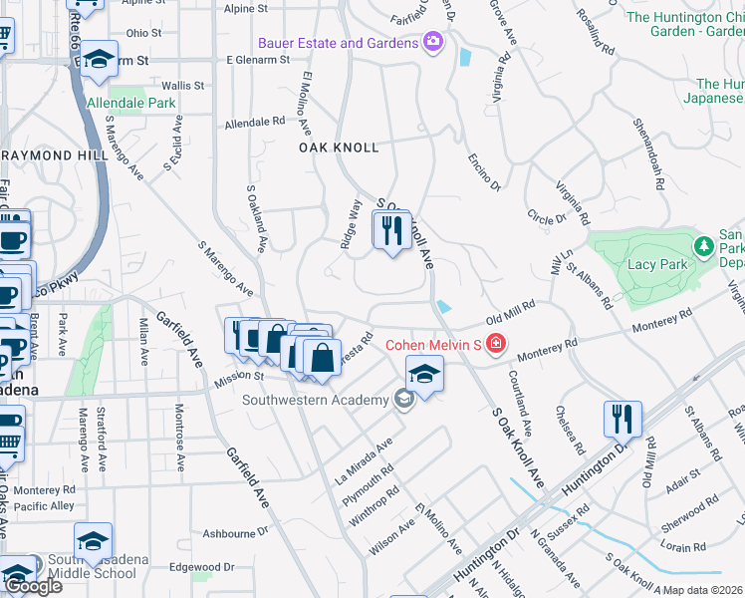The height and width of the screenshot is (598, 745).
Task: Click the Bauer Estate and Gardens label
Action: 338,44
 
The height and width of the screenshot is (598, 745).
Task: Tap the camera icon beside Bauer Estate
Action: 433,42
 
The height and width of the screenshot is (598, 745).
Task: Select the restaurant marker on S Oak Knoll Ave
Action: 392,231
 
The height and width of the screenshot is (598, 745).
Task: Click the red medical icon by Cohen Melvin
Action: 496,345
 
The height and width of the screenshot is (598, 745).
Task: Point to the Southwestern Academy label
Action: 316,401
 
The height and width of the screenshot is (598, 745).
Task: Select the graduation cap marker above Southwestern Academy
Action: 424,376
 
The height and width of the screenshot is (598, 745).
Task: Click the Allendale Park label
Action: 131,103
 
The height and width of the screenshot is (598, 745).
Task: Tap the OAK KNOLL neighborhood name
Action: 340,148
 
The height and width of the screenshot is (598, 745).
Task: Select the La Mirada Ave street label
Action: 370,453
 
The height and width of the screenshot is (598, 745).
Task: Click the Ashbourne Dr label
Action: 228,533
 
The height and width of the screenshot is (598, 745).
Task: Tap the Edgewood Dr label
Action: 201,566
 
